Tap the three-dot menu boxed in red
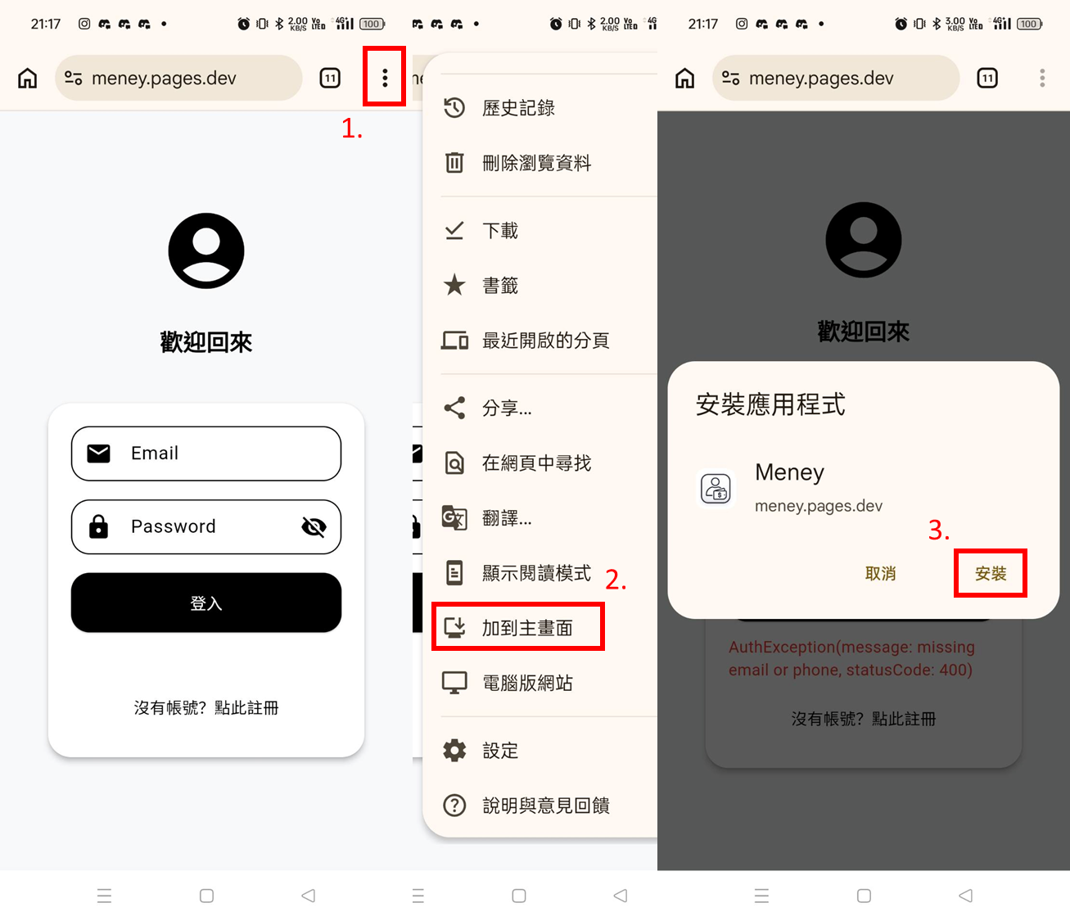tap(385, 78)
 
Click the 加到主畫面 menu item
tap(526, 628)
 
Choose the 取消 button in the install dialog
tap(880, 574)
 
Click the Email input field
tap(206, 454)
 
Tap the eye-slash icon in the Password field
tap(314, 527)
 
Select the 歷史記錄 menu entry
tap(518, 108)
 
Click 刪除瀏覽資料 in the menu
tap(536, 163)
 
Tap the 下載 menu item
tap(499, 231)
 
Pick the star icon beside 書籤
tap(454, 286)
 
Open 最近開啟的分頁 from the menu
tap(545, 341)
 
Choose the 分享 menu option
tap(506, 408)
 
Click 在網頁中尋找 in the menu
tap(536, 463)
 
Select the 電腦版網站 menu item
tap(527, 683)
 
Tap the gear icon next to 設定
tap(454, 751)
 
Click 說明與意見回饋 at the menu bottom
tap(545, 806)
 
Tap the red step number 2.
tap(616, 580)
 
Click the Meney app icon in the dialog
tap(716, 489)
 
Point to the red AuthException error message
tap(851, 658)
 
